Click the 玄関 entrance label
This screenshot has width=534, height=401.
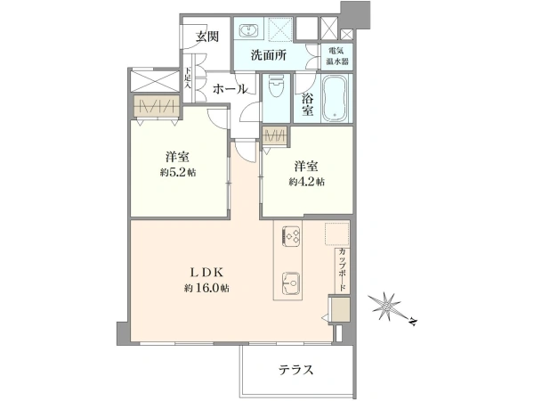(x=207, y=37)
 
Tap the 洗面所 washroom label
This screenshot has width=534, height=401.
(x=269, y=55)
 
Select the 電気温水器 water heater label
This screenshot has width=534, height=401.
(x=337, y=56)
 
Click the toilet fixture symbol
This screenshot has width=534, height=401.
(x=276, y=86)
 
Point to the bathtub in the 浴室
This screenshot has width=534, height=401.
(x=335, y=98)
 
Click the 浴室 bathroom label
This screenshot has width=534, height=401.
(x=308, y=104)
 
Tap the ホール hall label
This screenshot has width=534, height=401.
(x=230, y=89)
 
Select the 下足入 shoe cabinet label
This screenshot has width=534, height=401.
(x=188, y=78)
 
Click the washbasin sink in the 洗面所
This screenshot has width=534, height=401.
(x=249, y=30)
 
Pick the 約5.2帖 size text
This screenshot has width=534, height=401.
(x=178, y=173)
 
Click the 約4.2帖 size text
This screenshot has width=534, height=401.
(x=306, y=182)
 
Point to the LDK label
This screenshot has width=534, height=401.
(x=206, y=273)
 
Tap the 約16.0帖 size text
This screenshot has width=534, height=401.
(x=206, y=288)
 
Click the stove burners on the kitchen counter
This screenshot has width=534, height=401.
(x=292, y=235)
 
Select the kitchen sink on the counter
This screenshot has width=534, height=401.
(x=290, y=283)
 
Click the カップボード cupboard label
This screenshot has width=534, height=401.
(x=343, y=269)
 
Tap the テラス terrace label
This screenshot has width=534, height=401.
(x=295, y=370)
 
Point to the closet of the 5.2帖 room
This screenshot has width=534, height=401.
(x=157, y=106)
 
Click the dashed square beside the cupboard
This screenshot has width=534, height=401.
(x=336, y=233)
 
